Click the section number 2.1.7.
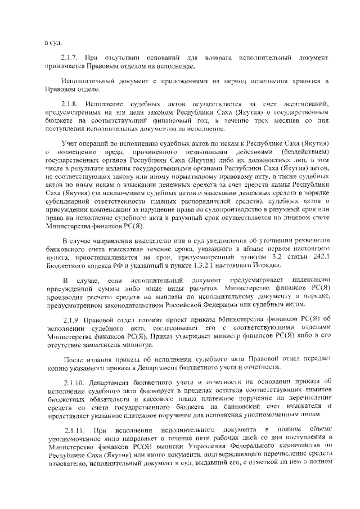click(71, 58)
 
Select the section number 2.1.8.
click(71, 105)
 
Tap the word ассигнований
click(307, 105)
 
